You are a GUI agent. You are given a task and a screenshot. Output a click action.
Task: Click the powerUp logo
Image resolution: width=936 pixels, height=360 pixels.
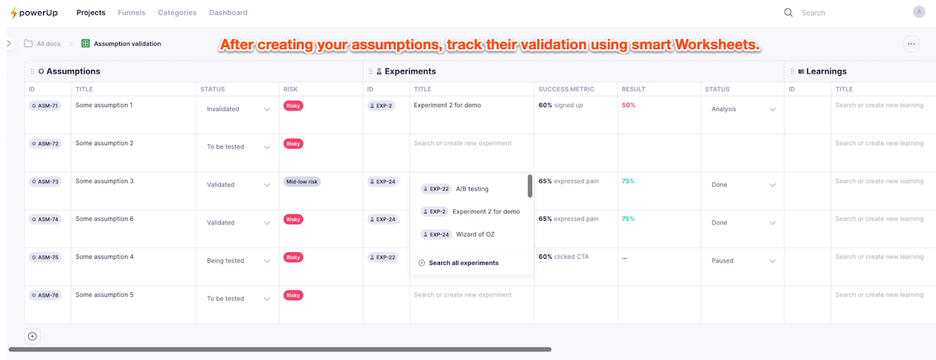[x=33, y=13]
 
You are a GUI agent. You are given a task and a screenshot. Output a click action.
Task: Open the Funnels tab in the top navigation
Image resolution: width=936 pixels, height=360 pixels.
[x=132, y=13]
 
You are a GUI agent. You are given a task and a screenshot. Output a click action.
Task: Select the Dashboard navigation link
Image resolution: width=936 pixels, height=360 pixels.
[x=228, y=13]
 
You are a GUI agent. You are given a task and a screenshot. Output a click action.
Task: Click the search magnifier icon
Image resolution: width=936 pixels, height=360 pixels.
[x=789, y=13]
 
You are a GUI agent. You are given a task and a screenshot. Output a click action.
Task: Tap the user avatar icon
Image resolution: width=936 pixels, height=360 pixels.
[x=919, y=12]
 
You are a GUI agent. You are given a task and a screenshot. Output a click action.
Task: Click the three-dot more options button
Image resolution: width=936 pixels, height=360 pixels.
[x=911, y=44]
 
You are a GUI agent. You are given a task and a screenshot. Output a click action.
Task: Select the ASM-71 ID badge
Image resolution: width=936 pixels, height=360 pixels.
[x=45, y=106]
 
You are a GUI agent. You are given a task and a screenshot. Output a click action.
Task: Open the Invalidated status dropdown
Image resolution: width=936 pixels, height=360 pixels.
[x=238, y=109]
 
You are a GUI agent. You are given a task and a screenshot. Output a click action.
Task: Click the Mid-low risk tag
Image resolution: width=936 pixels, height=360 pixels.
[x=301, y=181]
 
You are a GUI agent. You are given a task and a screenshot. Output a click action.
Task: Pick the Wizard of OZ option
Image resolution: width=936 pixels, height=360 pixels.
[x=475, y=234]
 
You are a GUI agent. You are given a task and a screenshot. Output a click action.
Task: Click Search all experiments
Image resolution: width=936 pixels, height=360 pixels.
[x=463, y=263]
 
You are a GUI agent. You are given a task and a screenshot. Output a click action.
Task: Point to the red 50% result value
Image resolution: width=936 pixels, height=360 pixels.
[x=629, y=106]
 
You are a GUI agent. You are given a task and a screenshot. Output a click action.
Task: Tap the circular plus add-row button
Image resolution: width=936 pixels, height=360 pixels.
[x=32, y=336]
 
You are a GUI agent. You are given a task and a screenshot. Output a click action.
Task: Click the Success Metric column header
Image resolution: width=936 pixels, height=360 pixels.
[x=566, y=89]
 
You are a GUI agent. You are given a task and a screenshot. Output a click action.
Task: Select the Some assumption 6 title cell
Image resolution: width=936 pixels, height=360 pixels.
[x=104, y=219]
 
